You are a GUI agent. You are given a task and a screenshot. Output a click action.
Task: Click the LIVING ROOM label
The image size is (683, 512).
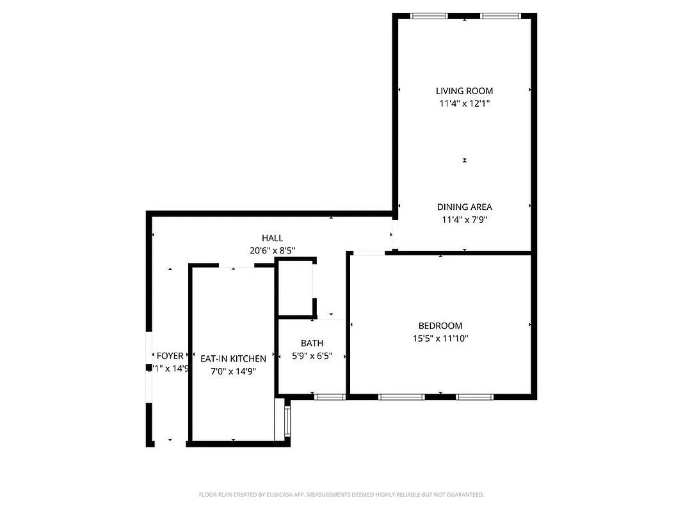point(464,91)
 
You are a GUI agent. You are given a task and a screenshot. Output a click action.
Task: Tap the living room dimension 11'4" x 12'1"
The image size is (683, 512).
point(464,103)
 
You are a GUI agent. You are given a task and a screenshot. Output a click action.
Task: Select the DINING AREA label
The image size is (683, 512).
point(464,207)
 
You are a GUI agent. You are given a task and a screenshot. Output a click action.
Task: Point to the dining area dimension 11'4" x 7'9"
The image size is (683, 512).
point(464,220)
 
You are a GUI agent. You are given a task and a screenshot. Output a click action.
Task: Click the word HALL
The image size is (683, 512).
point(272,238)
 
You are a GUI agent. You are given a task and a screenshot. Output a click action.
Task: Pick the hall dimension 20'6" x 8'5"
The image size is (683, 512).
point(272,251)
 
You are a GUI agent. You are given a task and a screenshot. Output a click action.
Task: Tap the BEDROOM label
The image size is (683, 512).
point(440,326)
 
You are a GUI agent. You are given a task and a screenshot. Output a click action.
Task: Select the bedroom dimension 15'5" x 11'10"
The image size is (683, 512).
point(440,339)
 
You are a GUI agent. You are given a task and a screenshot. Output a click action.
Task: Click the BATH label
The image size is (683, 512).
point(312,343)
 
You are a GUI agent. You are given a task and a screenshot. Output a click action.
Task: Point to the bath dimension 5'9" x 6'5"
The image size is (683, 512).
point(312,356)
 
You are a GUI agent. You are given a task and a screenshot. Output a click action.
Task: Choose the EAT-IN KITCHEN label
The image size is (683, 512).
point(233,358)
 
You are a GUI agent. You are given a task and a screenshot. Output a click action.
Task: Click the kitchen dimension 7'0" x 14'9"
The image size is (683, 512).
point(233,371)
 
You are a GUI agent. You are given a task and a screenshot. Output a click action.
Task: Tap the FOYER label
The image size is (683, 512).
point(170,356)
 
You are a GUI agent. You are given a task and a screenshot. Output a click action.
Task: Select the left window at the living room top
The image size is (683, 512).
point(429,16)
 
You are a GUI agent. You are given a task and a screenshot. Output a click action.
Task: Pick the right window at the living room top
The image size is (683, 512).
point(501,16)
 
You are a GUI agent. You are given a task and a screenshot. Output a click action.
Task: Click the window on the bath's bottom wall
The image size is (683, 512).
point(330,397)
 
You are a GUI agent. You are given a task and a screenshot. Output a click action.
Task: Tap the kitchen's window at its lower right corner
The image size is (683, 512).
point(287,420)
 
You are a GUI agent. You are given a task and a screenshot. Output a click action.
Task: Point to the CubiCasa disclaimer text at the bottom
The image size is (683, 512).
point(341,495)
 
